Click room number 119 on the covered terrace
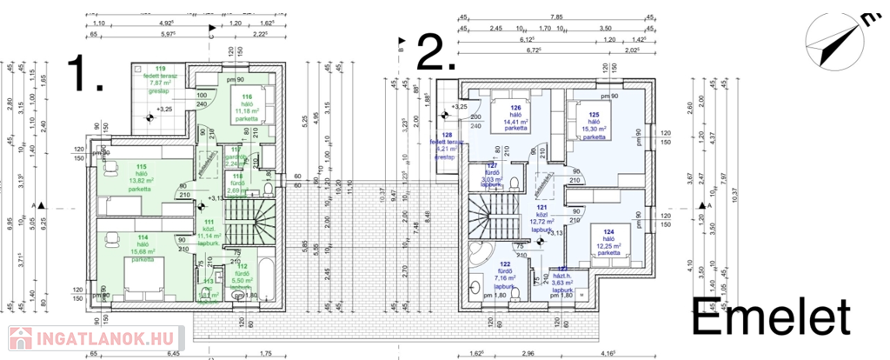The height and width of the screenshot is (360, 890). (160, 69)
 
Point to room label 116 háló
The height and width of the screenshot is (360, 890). (247, 97)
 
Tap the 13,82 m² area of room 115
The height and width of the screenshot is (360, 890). (140, 181)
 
